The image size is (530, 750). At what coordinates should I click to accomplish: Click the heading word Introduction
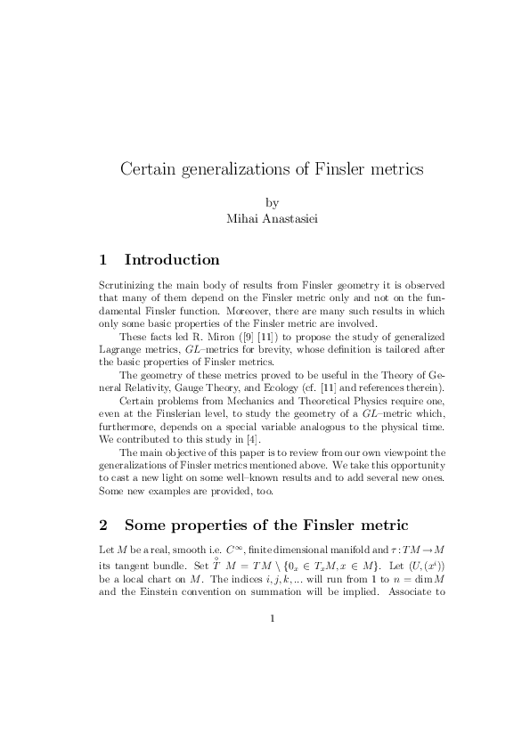172,260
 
